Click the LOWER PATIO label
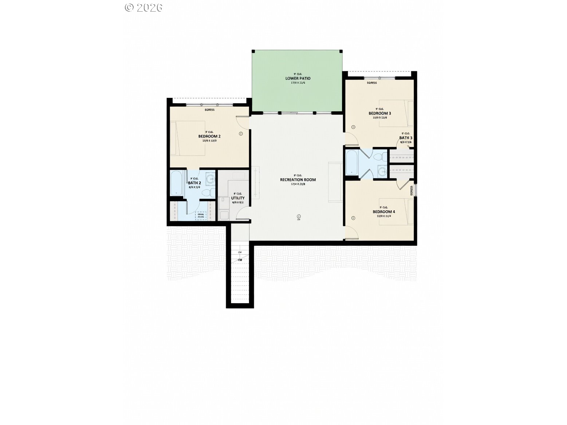click(x=298, y=78)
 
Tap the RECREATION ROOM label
click(x=298, y=180)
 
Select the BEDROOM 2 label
click(x=209, y=136)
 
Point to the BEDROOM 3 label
click(x=380, y=113)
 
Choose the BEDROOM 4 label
click(x=383, y=212)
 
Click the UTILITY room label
click(x=238, y=198)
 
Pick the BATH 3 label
click(x=406, y=138)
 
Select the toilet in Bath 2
click(x=206, y=193)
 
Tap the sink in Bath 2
click(x=210, y=179)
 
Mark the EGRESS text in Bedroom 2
click(x=210, y=110)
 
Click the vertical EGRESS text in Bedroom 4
click(x=412, y=190)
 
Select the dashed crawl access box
click(x=201, y=216)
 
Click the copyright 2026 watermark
click(x=143, y=7)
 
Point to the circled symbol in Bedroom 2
click(x=240, y=134)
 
